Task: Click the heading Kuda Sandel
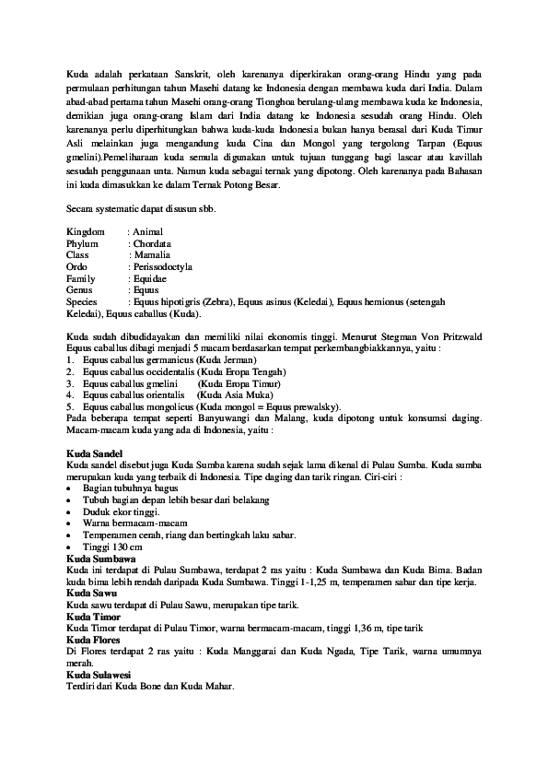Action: (x=94, y=455)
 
